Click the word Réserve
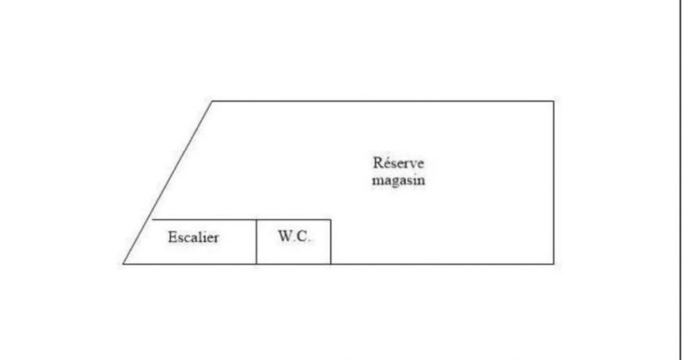[x=398, y=164]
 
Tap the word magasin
[x=398, y=181]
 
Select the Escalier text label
[x=193, y=237]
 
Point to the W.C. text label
[x=294, y=236]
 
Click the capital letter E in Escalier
[x=172, y=237]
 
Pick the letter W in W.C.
[x=285, y=236]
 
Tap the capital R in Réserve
[x=378, y=164]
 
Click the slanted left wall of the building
[x=168, y=182]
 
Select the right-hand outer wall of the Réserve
[x=554, y=182]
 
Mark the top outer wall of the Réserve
[x=382, y=101]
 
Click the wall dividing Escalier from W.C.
[x=257, y=242]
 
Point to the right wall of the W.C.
[x=331, y=242]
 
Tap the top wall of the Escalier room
[x=203, y=219]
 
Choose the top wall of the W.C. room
[x=293, y=219]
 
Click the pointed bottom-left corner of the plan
[x=124, y=264]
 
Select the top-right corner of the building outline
[x=554, y=101]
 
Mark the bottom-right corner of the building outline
[x=554, y=264]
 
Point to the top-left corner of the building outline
[x=212, y=101]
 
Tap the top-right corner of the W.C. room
[x=331, y=219]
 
